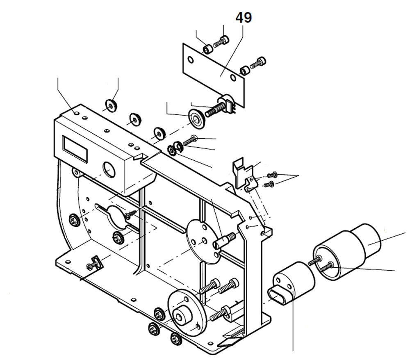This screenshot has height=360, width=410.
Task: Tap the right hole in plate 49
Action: click(x=233, y=77)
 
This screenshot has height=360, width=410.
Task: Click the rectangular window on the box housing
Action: click(x=75, y=148)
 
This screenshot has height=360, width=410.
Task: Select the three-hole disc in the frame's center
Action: click(x=204, y=242)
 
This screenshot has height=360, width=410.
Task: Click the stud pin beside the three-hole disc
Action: click(x=225, y=240)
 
